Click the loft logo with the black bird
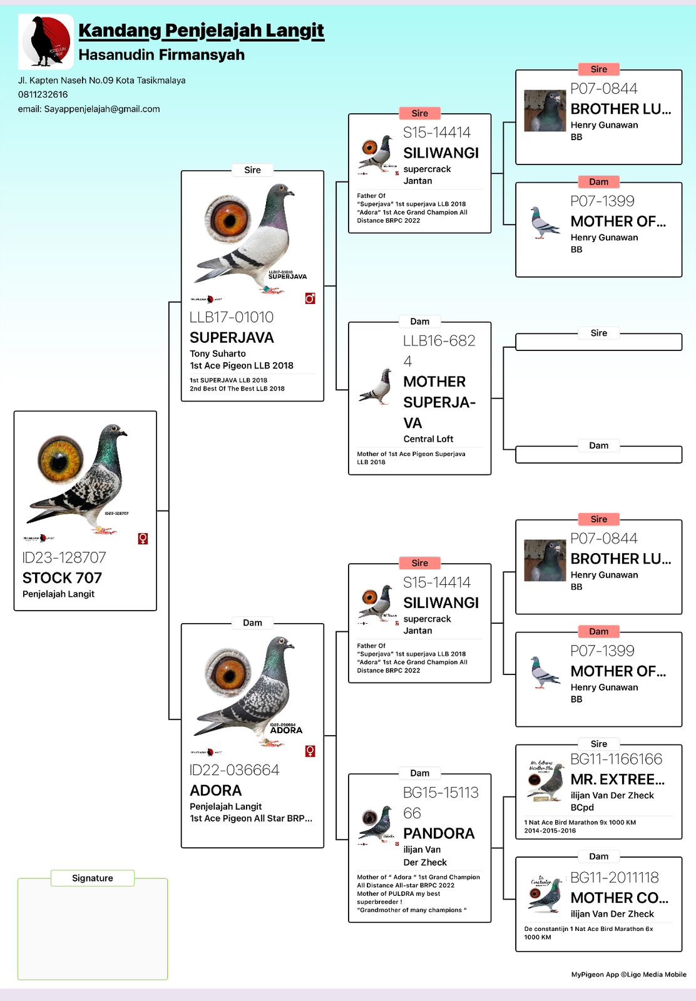[x=46, y=41]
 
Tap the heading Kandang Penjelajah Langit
[x=201, y=30]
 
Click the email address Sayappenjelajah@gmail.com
[x=88, y=109]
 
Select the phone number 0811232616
[x=43, y=94]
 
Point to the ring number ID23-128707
[x=64, y=557]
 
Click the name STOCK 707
[x=62, y=577]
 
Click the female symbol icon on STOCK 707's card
[x=143, y=539]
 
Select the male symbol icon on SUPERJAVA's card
[x=310, y=298]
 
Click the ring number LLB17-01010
[x=232, y=317]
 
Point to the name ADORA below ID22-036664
[x=215, y=790]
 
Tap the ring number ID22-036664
[x=234, y=770]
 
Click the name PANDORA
[x=439, y=833]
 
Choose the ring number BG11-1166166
[x=616, y=760]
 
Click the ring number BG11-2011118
[x=614, y=878]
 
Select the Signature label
[x=92, y=878]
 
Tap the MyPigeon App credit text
[x=628, y=974]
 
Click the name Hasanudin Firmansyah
[x=161, y=55]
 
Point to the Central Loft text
[x=428, y=439]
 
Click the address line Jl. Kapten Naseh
[x=101, y=80]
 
